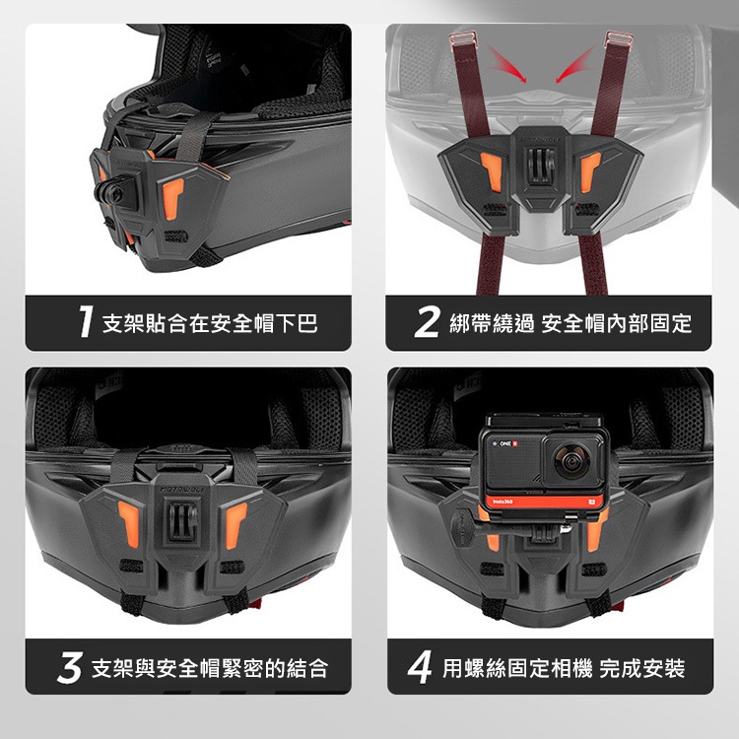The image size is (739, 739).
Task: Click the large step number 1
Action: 86,322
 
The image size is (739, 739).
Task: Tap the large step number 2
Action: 428,322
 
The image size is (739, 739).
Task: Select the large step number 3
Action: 70,667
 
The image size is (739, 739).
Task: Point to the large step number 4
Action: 420,667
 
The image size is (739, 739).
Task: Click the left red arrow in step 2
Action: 506,64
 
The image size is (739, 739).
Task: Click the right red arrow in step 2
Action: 575,64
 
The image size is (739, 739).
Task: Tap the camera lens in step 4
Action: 572,461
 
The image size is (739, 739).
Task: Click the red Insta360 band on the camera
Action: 545,502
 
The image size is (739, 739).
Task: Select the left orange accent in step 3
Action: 129,523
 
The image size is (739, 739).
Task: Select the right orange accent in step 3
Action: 235,524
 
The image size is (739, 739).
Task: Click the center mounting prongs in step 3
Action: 183,521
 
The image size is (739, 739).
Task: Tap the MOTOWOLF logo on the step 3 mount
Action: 183,490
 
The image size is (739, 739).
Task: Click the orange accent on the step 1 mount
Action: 172,198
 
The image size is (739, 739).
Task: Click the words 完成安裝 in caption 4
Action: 642,668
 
